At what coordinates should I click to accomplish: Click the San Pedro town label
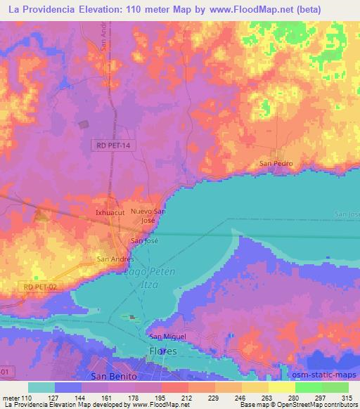[276, 164]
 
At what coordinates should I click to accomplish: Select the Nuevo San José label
[148, 215]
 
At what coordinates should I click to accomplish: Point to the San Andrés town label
[115, 259]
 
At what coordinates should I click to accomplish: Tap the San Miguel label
[167, 337]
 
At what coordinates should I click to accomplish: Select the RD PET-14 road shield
[114, 145]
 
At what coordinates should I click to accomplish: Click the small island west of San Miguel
[130, 317]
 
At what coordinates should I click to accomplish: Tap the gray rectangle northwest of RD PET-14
[84, 124]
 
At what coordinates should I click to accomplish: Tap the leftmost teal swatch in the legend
[41, 387]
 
